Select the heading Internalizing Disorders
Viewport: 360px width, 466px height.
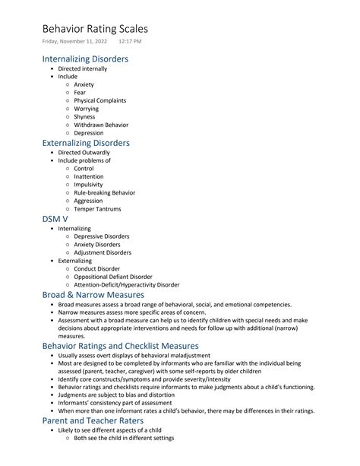[x=85, y=59]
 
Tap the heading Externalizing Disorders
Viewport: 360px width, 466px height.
[x=86, y=143]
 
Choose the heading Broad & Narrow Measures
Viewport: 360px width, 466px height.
[x=93, y=294]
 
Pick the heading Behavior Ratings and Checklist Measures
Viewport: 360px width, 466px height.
[x=120, y=345]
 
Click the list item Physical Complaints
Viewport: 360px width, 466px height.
[x=99, y=100]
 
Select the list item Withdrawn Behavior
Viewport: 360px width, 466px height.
[x=101, y=125]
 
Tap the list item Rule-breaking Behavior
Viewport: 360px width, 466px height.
[x=104, y=192]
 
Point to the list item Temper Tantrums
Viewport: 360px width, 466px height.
[x=97, y=209]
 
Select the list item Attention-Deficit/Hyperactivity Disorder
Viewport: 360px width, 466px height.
[x=126, y=285]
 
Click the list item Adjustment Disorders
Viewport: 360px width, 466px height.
[x=102, y=252]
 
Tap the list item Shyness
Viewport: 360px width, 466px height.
[x=84, y=117]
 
